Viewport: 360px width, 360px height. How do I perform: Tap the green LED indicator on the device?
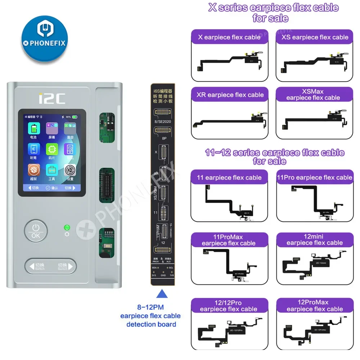66,227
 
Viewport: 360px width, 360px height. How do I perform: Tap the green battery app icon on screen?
34,129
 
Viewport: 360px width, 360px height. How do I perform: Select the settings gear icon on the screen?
70,171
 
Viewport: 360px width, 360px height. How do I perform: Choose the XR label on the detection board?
156,174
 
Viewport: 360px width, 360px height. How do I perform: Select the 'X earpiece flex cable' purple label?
229,37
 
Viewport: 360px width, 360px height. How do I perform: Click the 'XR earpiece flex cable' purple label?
229,95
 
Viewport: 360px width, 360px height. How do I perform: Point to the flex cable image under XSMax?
313,122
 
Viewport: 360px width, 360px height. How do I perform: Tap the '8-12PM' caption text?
151,308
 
